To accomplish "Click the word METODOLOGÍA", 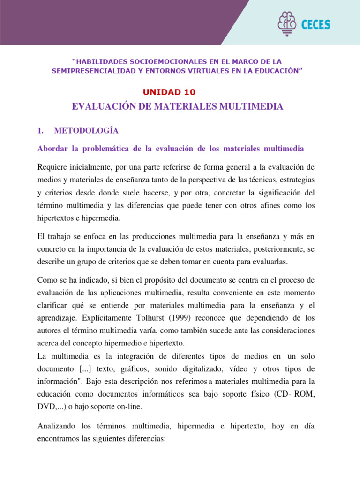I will pyautogui.click(x=86, y=130).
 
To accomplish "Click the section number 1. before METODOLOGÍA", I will pyautogui.click(x=40, y=130).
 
